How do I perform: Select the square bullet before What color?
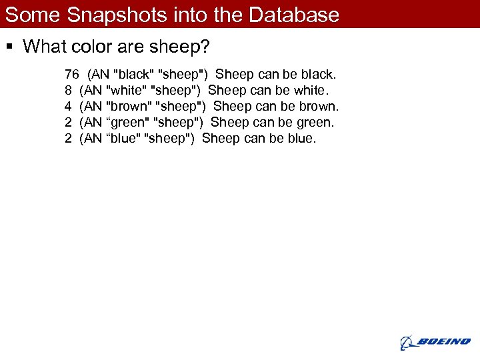pos(9,47)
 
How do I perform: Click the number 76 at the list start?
pos(72,74)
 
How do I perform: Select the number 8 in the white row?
pos(69,90)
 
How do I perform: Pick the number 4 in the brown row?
pos(69,106)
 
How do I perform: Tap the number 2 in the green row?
pos(69,122)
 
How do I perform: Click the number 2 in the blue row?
pos(69,138)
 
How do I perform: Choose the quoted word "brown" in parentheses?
pos(129,106)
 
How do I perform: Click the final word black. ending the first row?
pos(319,74)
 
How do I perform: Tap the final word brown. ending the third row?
pos(319,106)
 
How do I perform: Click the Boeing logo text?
pos(443,342)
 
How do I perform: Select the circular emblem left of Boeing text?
pos(407,343)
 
